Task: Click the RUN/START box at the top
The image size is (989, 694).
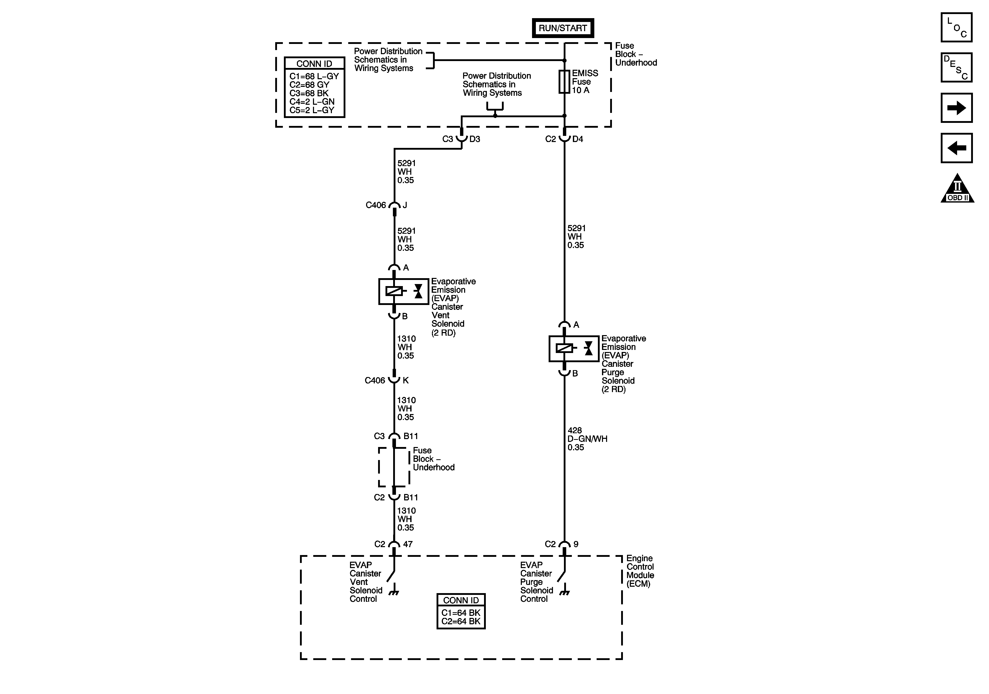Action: pos(563,28)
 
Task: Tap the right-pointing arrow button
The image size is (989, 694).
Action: pos(956,108)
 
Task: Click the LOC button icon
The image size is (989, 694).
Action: pos(956,28)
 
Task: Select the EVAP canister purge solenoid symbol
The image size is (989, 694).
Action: pos(574,348)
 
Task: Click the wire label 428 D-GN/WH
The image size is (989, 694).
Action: pos(587,439)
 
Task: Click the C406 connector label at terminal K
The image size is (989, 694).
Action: pos(375,380)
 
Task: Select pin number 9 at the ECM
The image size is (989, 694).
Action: pos(576,544)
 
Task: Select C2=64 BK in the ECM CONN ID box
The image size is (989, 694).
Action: pos(461,621)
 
